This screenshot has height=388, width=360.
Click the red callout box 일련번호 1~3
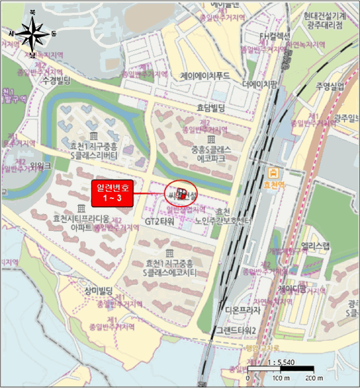tap(112, 193)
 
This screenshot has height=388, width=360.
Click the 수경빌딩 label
tap(56, 81)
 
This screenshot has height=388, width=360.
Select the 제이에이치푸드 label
tap(205, 76)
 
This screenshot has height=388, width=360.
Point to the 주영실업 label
tap(331, 86)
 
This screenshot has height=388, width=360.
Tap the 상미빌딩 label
tap(99, 290)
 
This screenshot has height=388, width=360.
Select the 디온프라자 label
tap(243, 310)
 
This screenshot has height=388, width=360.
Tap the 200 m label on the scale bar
tap(314, 379)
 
